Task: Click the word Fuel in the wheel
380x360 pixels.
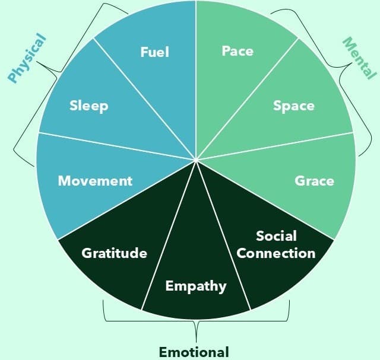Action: pyautogui.click(x=154, y=52)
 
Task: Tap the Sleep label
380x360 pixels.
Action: pyautogui.click(x=88, y=106)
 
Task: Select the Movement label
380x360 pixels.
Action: pyautogui.click(x=95, y=180)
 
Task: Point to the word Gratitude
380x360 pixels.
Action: pyautogui.click(x=114, y=253)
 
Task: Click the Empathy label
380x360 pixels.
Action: pyautogui.click(x=196, y=286)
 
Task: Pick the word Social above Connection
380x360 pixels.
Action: pyautogui.click(x=276, y=236)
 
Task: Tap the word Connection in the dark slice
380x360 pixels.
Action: pyautogui.click(x=276, y=253)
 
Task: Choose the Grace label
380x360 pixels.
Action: pyautogui.click(x=314, y=180)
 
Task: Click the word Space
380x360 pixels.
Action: pyautogui.click(x=293, y=106)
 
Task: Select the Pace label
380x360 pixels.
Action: pyautogui.click(x=237, y=51)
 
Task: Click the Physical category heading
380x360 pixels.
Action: pyautogui.click(x=27, y=58)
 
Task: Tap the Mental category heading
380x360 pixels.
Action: pyautogui.click(x=360, y=58)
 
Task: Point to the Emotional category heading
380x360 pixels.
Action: pyautogui.click(x=194, y=351)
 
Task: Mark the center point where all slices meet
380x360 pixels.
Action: pyautogui.click(x=196, y=160)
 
